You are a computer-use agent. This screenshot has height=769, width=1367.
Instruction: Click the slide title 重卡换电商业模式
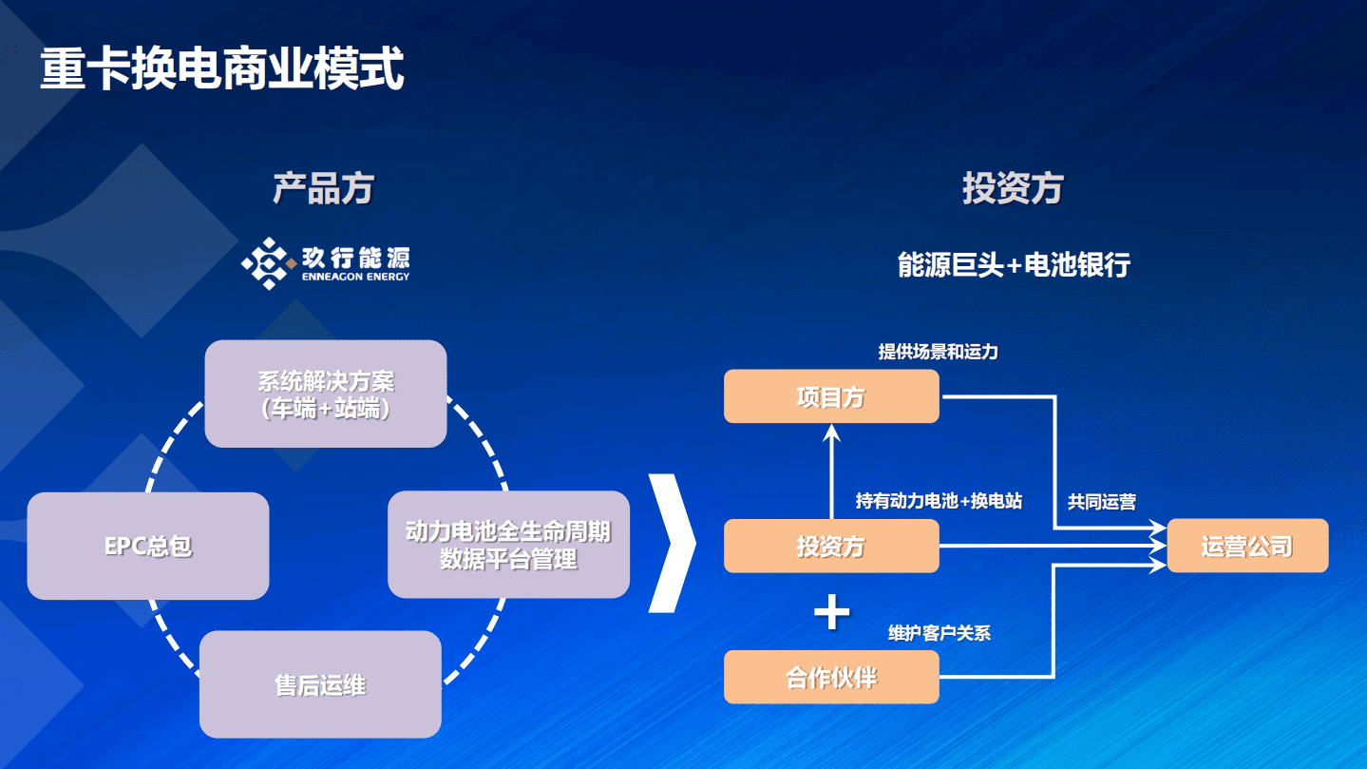[222, 68]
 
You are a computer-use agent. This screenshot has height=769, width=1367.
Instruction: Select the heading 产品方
[323, 188]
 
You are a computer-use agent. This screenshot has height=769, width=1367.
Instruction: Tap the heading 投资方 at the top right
[1013, 188]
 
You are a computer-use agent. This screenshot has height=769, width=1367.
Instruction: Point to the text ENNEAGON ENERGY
[355, 277]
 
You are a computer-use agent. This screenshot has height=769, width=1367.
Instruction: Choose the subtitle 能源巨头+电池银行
[1014, 264]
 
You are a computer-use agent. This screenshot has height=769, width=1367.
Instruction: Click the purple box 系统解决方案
[326, 394]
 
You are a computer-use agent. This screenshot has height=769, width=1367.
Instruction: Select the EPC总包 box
[148, 547]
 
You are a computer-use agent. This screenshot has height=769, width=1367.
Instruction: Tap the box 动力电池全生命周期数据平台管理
[508, 545]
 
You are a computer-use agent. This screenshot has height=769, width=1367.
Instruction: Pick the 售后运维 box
[320, 684]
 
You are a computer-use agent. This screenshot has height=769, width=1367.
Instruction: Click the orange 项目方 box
[831, 396]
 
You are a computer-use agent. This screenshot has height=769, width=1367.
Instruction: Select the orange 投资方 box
[831, 547]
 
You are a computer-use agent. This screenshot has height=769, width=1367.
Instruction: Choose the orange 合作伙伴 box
[831, 677]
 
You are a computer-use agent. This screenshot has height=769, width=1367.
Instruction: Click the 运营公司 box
[1247, 546]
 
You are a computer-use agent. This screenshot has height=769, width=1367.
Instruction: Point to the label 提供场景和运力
[938, 352]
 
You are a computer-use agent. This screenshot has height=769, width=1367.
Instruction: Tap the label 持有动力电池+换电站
[939, 501]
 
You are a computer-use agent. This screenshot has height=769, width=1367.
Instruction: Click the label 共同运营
[1102, 502]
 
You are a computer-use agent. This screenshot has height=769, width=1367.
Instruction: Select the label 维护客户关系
[940, 633]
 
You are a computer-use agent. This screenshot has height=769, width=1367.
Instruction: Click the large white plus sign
[832, 613]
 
